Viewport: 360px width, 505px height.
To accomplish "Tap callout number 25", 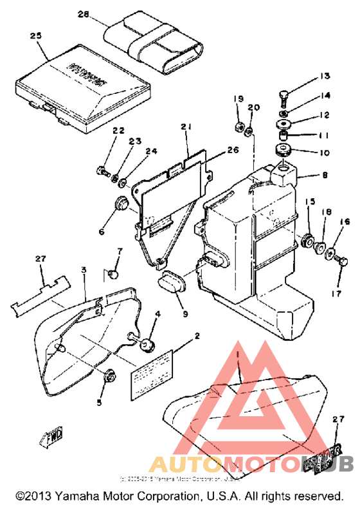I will (35, 36).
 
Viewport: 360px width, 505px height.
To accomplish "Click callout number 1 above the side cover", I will (237, 354).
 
